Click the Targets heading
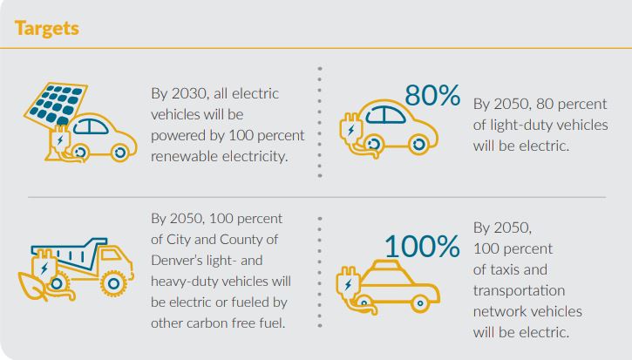(47, 28)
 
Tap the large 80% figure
(432, 96)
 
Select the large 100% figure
(422, 247)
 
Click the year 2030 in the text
(189, 93)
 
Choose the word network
(500, 311)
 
